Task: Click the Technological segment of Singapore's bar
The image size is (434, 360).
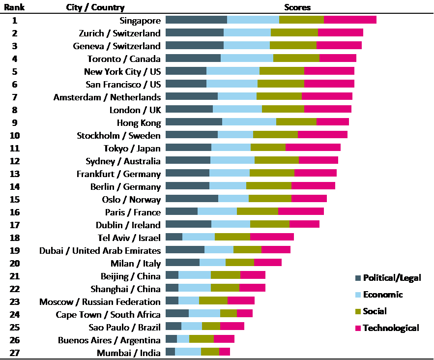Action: [x=350, y=20]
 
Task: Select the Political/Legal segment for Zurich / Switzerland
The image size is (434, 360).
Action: [x=195, y=33]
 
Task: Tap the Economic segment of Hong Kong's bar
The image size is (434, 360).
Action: [x=249, y=122]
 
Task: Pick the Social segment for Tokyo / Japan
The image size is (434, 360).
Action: [x=268, y=148]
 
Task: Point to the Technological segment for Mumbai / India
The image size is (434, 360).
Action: [x=225, y=353]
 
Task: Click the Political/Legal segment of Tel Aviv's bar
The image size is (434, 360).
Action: [x=174, y=238]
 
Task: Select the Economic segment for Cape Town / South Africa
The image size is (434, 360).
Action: [x=204, y=314]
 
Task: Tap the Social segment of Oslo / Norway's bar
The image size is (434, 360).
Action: [x=270, y=199]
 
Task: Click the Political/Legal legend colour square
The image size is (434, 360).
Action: [x=358, y=278]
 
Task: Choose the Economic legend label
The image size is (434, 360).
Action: [x=382, y=295]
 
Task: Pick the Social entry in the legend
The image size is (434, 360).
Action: [x=375, y=311]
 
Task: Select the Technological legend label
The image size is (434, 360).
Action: [x=391, y=328]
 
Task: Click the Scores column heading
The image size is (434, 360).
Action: [x=297, y=7]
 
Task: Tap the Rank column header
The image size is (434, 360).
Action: [x=14, y=7]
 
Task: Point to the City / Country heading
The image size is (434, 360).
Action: [x=95, y=7]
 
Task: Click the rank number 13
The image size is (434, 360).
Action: [x=15, y=174]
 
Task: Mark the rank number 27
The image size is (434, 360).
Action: [x=15, y=353]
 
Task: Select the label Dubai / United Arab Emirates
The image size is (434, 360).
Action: [x=100, y=250]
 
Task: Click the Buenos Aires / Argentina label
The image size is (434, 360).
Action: [x=109, y=340]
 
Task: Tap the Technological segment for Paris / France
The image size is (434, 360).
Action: [x=301, y=212]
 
